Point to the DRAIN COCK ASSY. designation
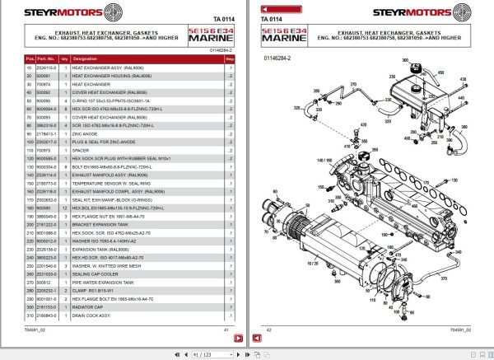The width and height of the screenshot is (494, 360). point(91,316)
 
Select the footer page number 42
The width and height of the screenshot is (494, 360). point(270,329)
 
